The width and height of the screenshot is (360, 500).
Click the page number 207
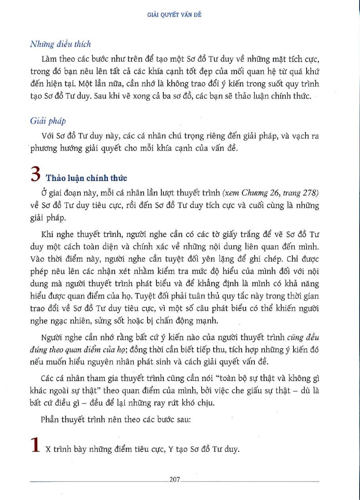(x=174, y=480)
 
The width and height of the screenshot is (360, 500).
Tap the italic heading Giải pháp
(x=48, y=121)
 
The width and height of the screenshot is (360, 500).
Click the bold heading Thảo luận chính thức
(x=87, y=178)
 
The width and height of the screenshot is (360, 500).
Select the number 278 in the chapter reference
(x=311, y=192)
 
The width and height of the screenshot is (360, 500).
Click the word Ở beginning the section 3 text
(x=44, y=192)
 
